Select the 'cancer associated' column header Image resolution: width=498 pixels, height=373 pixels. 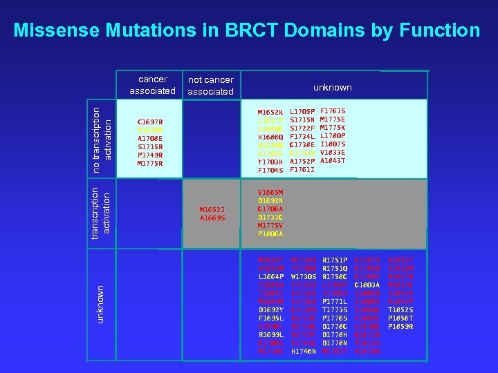coord(152,85)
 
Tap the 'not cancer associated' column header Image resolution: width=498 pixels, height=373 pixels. coord(211,86)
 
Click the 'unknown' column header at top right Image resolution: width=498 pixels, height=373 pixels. coord(332,88)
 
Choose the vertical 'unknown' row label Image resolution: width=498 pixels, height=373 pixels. coord(101,304)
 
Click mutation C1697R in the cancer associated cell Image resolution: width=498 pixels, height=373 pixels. coord(150,122)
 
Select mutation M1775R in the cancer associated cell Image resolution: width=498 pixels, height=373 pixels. coord(150,164)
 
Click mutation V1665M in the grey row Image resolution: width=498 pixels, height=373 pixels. coord(270,193)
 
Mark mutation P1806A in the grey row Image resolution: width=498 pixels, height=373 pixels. coord(270,234)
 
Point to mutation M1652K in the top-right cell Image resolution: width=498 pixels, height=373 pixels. coord(270,111)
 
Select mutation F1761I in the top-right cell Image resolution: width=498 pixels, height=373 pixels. coord(302,169)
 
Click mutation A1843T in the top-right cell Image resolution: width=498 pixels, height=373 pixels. coord(333,161)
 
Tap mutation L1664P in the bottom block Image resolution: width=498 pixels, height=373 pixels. coord(270,276)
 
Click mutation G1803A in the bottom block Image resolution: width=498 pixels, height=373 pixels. coord(367,285)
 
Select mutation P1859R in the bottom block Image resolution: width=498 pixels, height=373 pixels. coord(400,327)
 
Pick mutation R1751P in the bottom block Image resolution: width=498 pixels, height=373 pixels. coord(335,260)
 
